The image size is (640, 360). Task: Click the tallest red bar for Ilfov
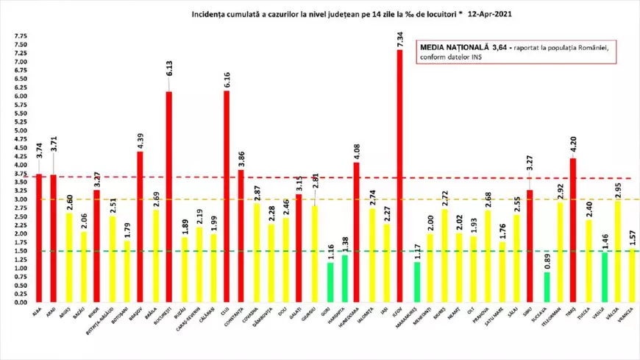coord(399,177)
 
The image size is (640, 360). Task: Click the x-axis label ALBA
coord(38,313)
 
